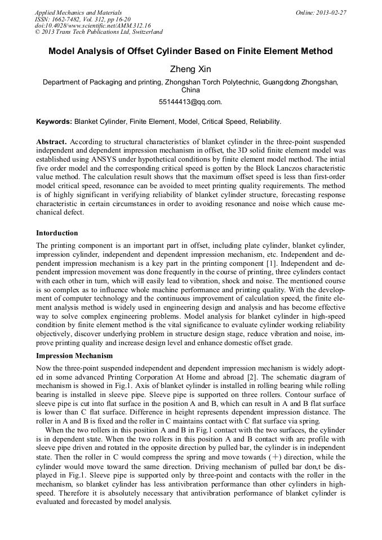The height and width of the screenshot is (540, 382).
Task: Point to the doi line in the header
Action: tap(93, 26)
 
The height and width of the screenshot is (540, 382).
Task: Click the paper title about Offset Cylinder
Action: tap(190, 51)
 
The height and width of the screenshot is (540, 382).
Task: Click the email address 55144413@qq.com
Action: tap(190, 102)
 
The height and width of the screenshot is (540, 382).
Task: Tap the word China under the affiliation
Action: tap(190, 90)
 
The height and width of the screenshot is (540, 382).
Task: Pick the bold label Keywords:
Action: tap(54, 121)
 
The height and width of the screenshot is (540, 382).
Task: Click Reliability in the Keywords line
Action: tap(264, 121)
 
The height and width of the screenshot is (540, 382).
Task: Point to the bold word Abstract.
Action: tap(51, 142)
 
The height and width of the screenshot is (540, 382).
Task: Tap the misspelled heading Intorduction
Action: tap(57, 233)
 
